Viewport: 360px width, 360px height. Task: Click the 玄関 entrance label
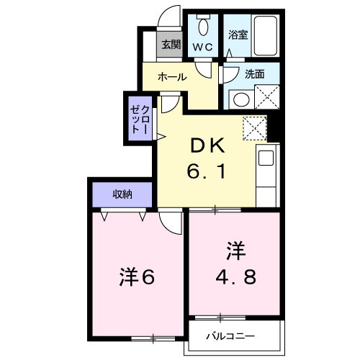point(171,45)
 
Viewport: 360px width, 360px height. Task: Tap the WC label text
point(203,47)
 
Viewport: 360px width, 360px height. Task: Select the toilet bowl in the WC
point(204,25)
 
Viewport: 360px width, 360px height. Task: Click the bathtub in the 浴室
point(266,36)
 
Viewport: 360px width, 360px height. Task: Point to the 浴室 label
point(238,35)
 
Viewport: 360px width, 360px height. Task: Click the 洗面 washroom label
point(255,74)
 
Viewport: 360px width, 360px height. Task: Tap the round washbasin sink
point(241,99)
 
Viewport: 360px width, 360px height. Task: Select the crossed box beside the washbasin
point(267,96)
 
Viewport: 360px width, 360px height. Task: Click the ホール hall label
point(172,77)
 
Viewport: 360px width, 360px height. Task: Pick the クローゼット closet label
point(140,120)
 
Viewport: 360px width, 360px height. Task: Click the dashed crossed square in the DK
point(255,128)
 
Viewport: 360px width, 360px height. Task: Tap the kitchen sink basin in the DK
point(266,158)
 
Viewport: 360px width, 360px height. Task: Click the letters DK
point(207,145)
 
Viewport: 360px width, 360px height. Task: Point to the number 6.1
point(207,171)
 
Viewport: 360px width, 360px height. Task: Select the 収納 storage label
point(122,194)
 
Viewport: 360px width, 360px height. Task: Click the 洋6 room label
point(137,276)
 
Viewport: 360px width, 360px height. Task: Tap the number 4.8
point(236,276)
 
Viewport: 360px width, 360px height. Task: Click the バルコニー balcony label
point(230,336)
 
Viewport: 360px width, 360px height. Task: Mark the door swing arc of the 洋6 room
point(168,227)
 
